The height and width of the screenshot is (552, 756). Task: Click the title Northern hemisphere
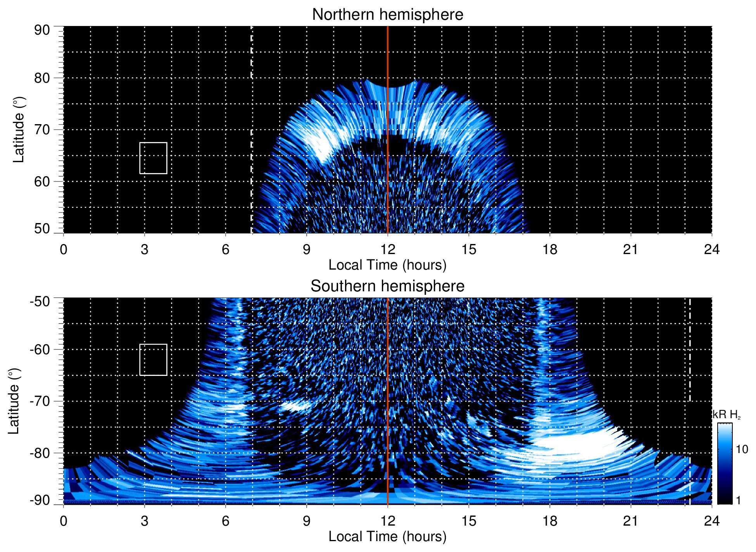387,15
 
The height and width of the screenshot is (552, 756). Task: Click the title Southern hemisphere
387,286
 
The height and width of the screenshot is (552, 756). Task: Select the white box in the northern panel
153,158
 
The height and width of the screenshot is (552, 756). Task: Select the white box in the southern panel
153,360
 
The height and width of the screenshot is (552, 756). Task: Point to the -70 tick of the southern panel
40,401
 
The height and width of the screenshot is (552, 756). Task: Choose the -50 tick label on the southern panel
40,301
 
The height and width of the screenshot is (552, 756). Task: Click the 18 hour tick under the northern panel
550,249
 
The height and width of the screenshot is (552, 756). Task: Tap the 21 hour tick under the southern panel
631,521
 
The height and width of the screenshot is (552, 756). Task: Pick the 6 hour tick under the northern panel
226,249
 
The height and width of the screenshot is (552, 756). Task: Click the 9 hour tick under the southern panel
307,521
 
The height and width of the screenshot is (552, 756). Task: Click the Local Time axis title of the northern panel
387,265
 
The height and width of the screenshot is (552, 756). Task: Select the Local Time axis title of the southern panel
387,536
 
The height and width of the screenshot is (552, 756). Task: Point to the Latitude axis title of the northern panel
19,130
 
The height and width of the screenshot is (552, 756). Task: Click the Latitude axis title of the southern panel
14,401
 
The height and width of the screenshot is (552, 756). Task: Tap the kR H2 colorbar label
727,415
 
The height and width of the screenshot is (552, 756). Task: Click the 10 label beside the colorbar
742,449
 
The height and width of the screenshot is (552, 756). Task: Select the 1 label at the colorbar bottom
738,500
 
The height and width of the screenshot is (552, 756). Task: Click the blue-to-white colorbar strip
724,464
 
